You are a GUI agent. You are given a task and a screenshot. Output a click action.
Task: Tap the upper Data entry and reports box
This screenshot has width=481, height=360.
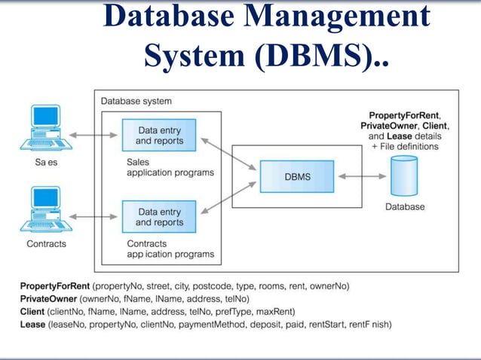(x=159, y=135)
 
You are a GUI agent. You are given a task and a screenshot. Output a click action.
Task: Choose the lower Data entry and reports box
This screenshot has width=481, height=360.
(x=159, y=217)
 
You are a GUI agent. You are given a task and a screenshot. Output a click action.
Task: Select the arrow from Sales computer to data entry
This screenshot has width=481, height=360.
(x=96, y=136)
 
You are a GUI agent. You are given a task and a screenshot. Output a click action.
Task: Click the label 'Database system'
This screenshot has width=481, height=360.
(x=136, y=101)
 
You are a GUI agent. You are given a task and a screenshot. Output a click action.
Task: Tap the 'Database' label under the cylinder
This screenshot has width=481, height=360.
(x=406, y=206)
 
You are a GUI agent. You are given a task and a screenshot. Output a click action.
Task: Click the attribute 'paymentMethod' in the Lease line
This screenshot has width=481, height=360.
(x=208, y=325)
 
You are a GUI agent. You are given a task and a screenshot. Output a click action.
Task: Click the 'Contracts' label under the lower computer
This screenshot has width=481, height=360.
(x=46, y=244)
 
